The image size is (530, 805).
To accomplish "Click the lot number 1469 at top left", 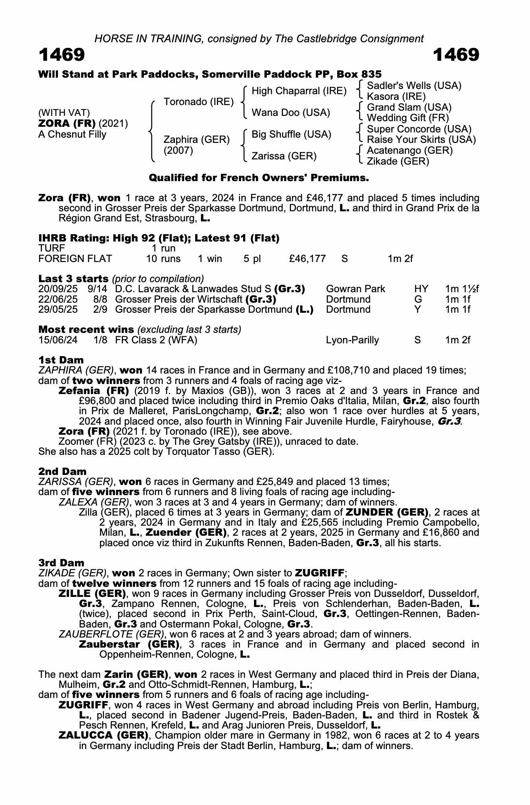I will tap(62, 55).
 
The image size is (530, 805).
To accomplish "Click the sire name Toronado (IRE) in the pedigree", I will tap(198, 102).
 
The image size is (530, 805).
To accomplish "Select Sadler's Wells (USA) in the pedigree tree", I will tap(414, 86).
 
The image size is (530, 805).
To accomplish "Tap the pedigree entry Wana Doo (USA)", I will tap(291, 113).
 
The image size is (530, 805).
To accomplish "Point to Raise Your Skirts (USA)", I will tap(421, 140).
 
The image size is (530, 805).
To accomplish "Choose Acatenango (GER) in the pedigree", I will tap(409, 151).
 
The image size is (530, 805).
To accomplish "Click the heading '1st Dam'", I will tap(61, 360).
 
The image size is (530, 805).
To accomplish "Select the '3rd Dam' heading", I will tap(61, 563).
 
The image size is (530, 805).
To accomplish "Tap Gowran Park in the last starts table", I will tap(355, 289).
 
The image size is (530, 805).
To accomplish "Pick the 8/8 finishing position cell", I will tap(100, 299).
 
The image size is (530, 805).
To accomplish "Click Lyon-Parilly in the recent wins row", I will tap(352, 340).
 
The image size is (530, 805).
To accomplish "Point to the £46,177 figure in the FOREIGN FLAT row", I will tap(307, 258).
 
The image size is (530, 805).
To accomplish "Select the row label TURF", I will tap(52, 248).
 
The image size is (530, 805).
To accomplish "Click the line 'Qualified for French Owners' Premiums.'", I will tap(259, 178).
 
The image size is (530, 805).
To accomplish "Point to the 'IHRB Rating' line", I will tap(159, 238).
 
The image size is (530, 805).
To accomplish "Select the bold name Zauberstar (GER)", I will tap(129, 644).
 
